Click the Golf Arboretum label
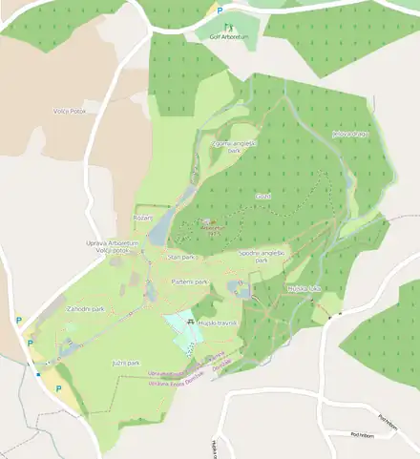tap(227, 36)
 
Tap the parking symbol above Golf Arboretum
tap(220, 10)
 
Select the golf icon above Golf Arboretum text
tap(227, 27)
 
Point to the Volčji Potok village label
tap(72, 112)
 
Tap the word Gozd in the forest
tap(262, 196)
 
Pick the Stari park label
tap(180, 258)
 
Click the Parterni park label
tap(189, 283)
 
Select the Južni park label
tap(125, 364)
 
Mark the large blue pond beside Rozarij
tap(163, 225)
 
